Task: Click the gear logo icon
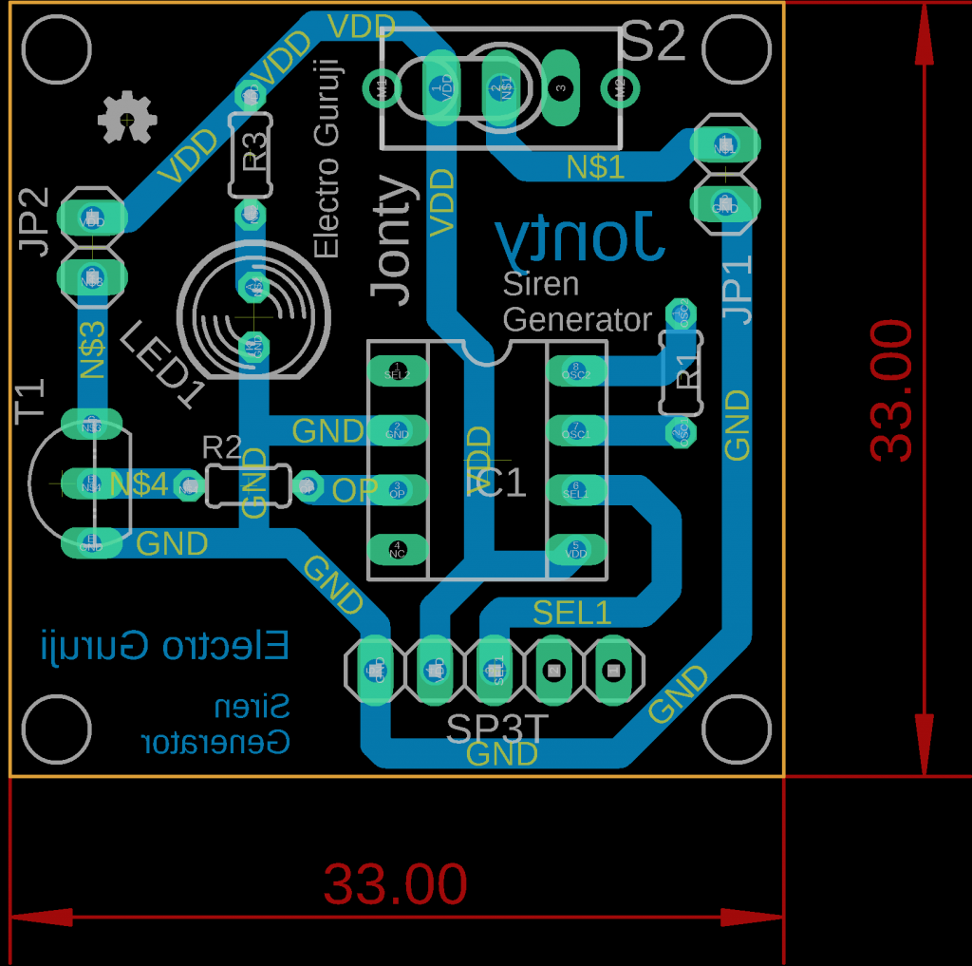click(126, 117)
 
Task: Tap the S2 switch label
click(653, 43)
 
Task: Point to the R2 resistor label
click(222, 446)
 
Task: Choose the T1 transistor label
click(31, 399)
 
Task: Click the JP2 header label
click(34, 222)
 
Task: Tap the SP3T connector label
click(497, 729)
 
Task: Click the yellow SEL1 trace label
click(571, 613)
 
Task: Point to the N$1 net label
click(595, 168)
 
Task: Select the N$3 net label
click(92, 350)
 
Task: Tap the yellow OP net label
click(354, 490)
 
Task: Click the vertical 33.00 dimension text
click(891, 390)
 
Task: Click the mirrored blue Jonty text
click(578, 237)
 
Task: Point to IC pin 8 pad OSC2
click(575, 370)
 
